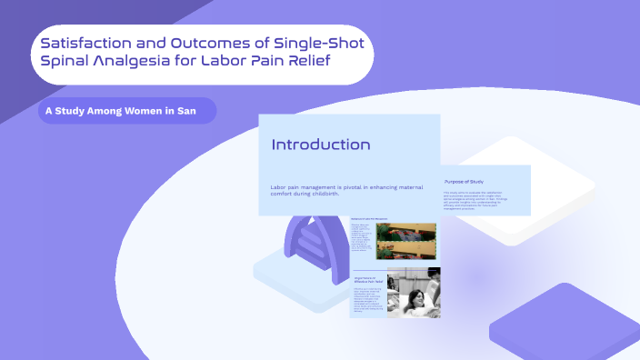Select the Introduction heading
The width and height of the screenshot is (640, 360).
(x=321, y=145)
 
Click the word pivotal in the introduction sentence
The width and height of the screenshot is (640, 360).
(x=361, y=187)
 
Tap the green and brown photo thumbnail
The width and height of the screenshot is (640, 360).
(x=405, y=241)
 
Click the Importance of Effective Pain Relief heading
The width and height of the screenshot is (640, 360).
(x=367, y=279)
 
